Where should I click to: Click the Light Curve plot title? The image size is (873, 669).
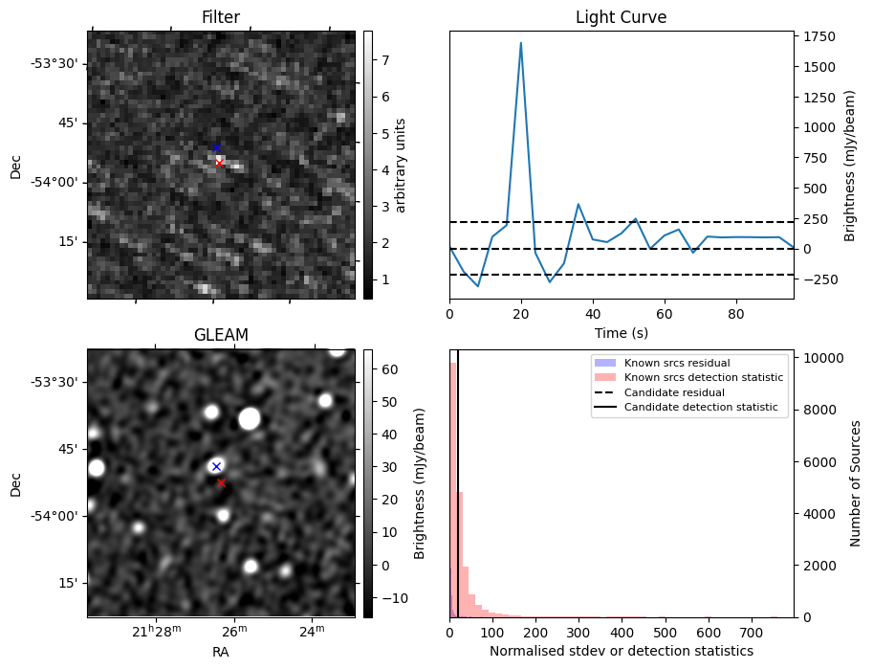coord(621,17)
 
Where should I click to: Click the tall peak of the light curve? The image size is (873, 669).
coord(521,43)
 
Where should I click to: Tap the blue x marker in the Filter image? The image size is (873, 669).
coord(216,148)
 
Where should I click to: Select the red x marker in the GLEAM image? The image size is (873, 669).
coord(221,483)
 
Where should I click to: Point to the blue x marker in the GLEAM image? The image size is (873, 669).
coord(216,466)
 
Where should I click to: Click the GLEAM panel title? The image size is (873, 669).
coord(221,335)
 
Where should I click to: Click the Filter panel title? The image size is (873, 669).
coord(221,17)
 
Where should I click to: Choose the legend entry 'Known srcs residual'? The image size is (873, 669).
coord(677,363)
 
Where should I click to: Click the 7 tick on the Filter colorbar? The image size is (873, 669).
coord(383,59)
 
